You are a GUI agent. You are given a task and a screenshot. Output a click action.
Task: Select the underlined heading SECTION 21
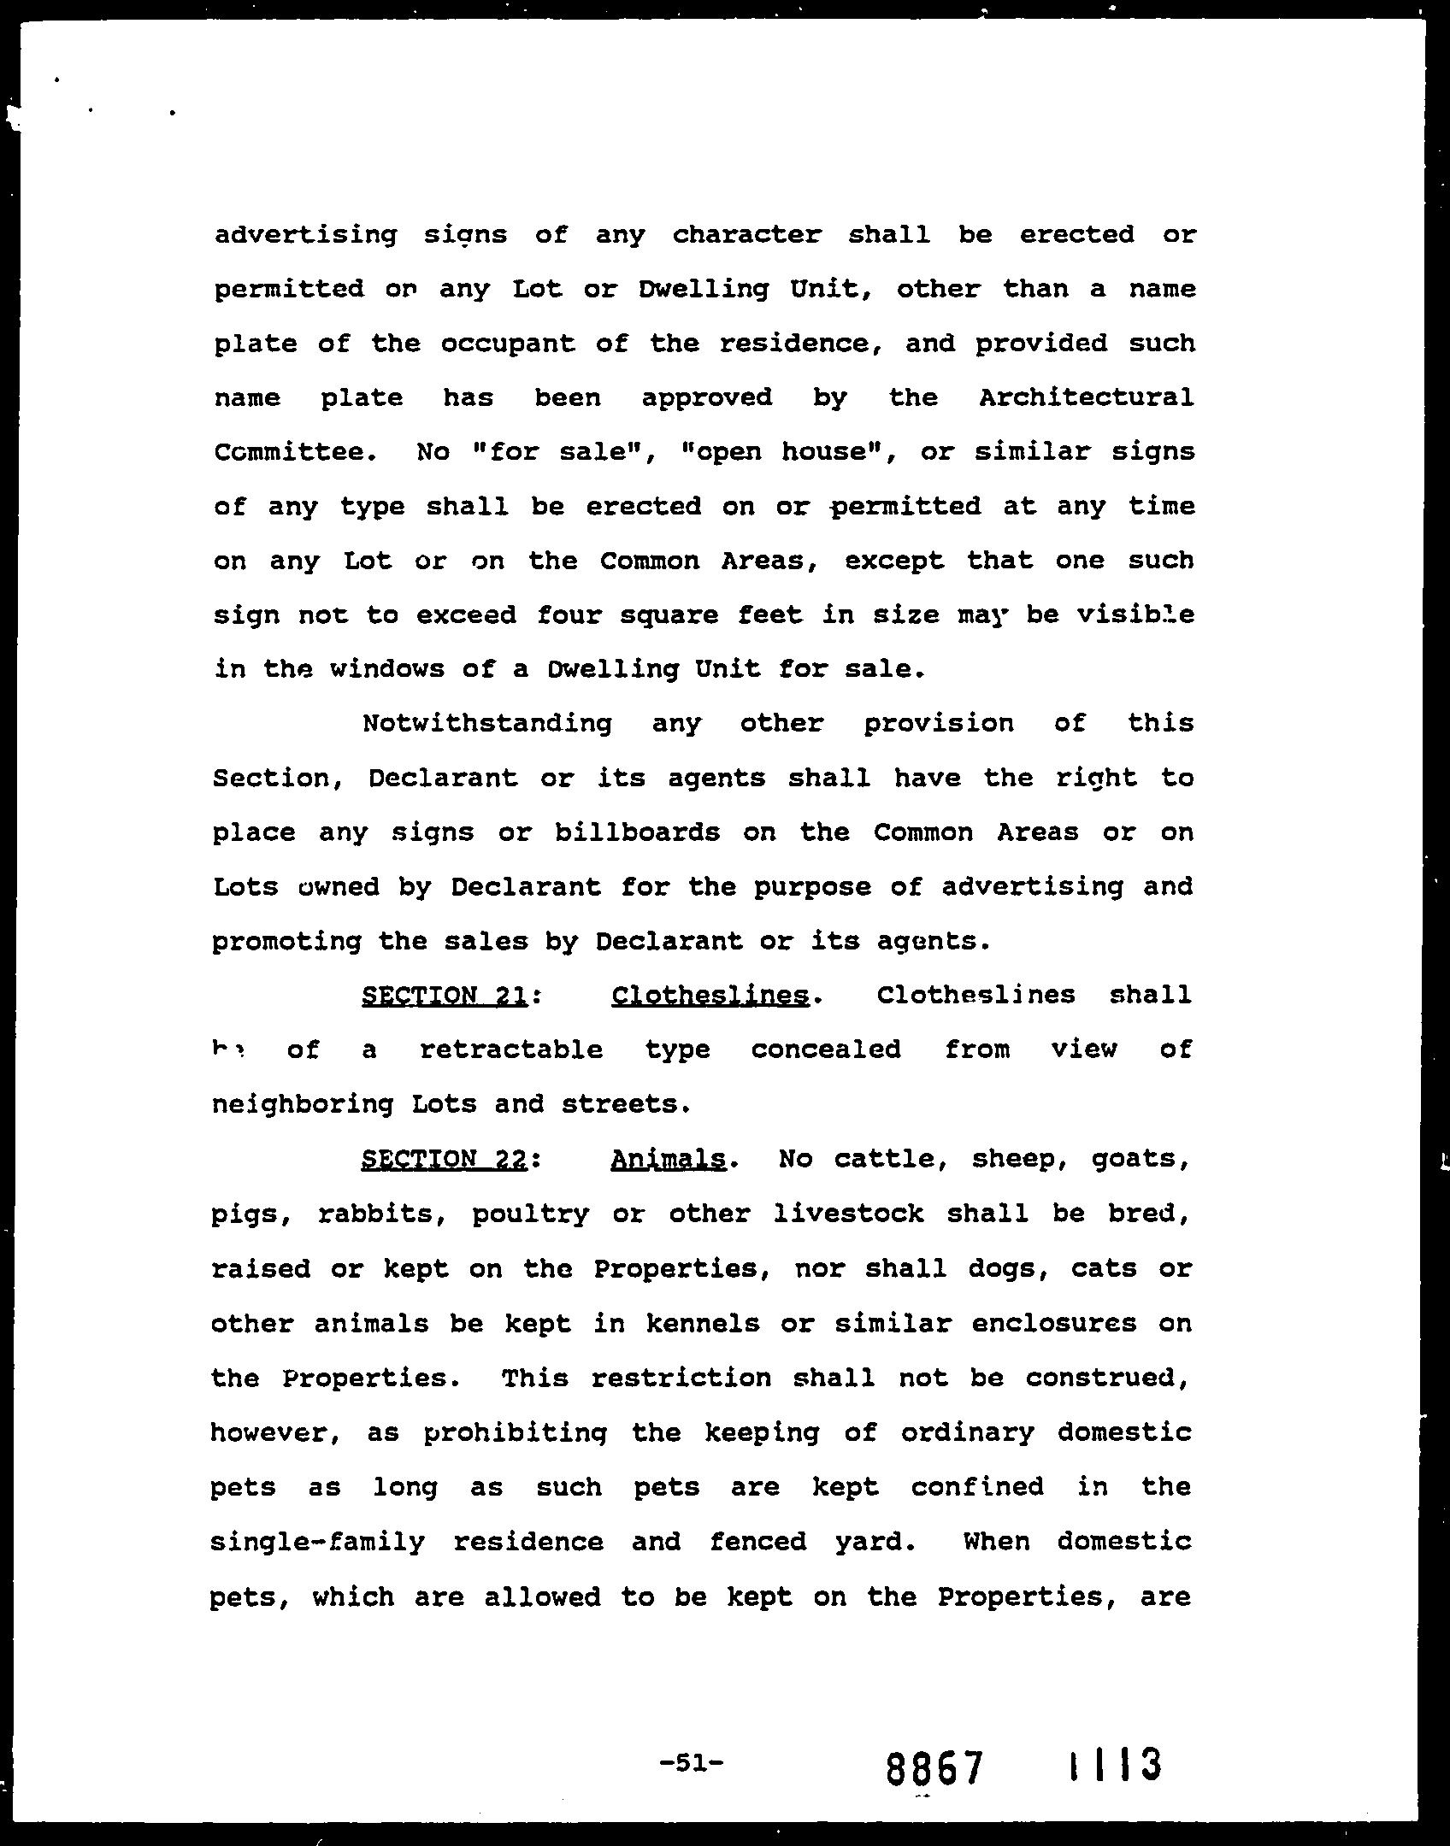coord(444,996)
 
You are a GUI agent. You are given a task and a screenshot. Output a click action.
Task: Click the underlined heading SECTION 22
coord(444,1160)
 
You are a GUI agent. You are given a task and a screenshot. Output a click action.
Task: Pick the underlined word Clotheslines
coord(710,996)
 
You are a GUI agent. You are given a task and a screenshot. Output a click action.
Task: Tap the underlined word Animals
coord(669,1160)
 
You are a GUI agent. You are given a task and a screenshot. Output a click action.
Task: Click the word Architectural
coord(1086,397)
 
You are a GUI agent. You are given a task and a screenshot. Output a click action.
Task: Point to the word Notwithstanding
coord(487,724)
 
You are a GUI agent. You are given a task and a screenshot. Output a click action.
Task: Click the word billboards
coord(637,832)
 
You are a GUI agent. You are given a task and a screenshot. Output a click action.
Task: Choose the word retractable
coord(511,1049)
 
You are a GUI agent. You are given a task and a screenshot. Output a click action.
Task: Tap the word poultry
coord(530,1214)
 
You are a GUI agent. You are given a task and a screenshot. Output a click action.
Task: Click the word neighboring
coord(302,1105)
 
